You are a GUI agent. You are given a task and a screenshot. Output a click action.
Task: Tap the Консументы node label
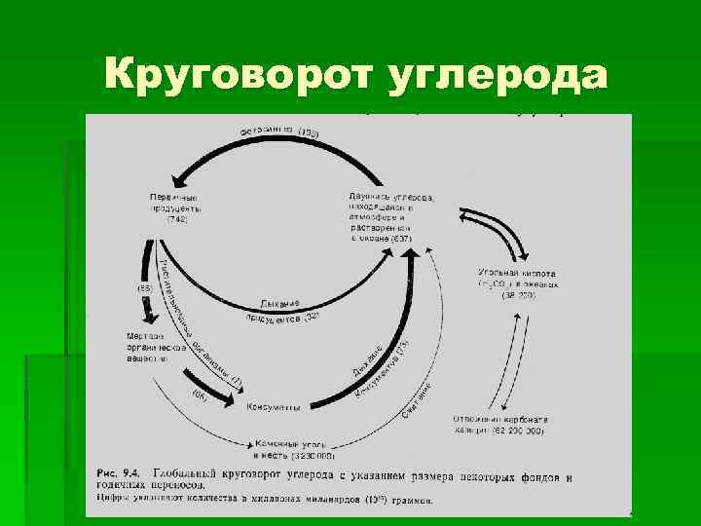pyautogui.click(x=274, y=407)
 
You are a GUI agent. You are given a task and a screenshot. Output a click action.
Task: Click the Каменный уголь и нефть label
pyautogui.click(x=292, y=449)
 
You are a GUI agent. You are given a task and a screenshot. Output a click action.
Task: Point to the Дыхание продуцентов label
pyautogui.click(x=282, y=310)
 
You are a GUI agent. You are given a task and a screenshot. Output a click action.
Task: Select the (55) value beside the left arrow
pyautogui.click(x=142, y=289)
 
